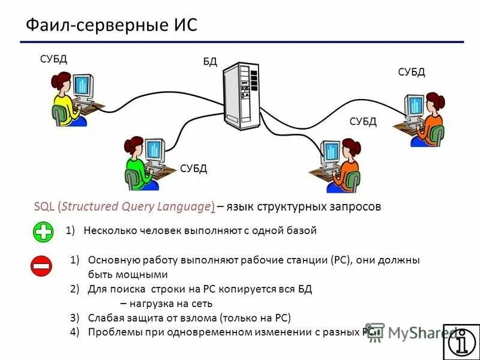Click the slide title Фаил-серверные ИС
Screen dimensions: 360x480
point(111,26)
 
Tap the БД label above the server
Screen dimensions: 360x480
point(210,62)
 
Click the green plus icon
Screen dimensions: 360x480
point(43,232)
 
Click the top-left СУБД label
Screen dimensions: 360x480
point(53,59)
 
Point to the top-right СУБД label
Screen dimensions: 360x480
point(412,73)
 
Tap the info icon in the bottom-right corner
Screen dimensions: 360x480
point(461,341)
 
